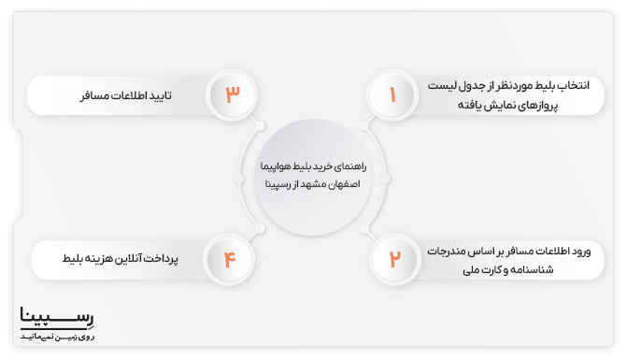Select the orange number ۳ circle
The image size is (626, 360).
(x=232, y=95)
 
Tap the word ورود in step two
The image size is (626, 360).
(x=590, y=250)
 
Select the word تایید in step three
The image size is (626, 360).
(x=162, y=95)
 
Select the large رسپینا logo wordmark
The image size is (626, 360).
(x=57, y=317)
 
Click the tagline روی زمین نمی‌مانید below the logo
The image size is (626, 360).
(x=57, y=335)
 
